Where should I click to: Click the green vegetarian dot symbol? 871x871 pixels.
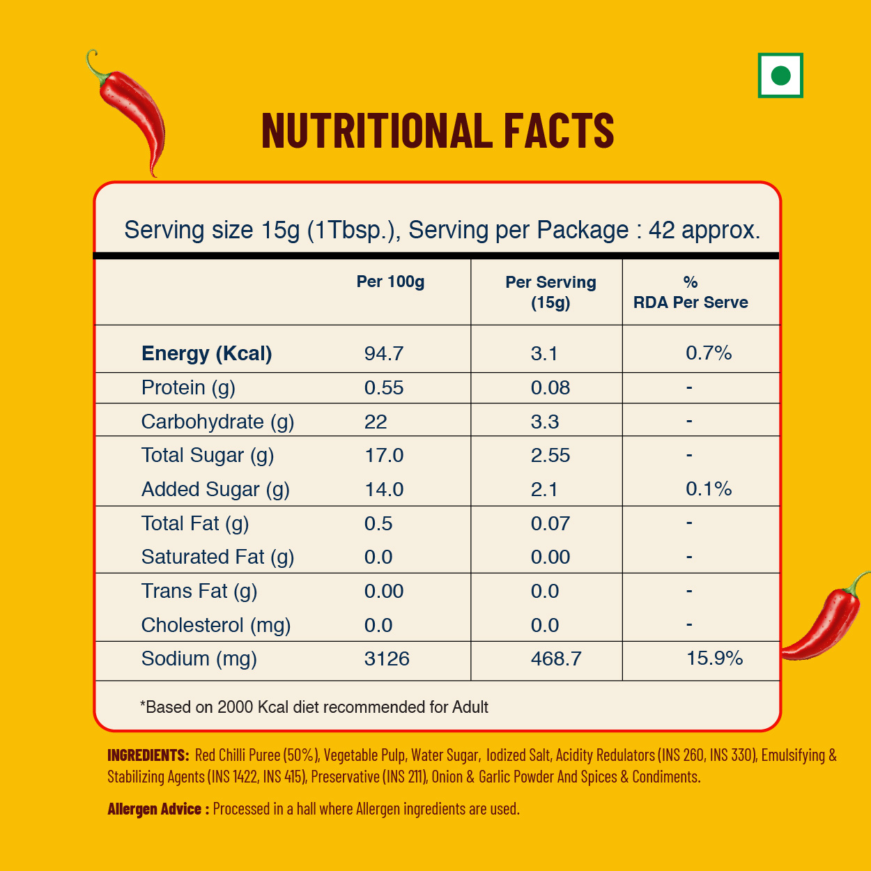[x=780, y=75]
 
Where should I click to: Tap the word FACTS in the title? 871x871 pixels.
[x=559, y=132]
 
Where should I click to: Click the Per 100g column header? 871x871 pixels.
[x=390, y=282]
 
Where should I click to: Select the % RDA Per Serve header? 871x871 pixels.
[x=690, y=292]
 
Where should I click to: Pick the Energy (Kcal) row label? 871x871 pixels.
[x=206, y=353]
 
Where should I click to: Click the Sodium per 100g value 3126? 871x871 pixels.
[x=387, y=658]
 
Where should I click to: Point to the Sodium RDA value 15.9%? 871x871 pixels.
[x=714, y=658]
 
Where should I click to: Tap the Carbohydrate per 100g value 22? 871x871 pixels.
[x=376, y=422]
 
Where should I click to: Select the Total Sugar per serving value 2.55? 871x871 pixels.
[x=550, y=455]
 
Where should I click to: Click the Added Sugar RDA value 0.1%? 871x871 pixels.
[x=709, y=488]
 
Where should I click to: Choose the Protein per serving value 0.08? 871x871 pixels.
[x=550, y=387]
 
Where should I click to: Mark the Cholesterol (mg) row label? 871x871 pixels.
[x=216, y=625]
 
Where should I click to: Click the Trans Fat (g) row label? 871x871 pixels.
[x=199, y=591]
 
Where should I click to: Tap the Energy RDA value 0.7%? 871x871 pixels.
[x=709, y=353]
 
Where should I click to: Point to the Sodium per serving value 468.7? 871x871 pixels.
[x=556, y=658]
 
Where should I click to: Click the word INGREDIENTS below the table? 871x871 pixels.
[x=148, y=755]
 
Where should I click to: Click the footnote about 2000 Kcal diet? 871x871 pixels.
[x=314, y=707]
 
